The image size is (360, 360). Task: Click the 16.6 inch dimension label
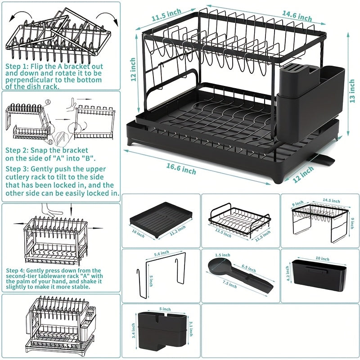click(181, 169)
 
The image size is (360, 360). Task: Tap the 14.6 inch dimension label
click(297, 16)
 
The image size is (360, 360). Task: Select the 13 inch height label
click(352, 91)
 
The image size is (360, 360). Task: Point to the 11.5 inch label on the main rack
click(166, 15)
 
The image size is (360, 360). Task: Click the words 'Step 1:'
click(17, 67)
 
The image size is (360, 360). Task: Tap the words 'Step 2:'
click(17, 150)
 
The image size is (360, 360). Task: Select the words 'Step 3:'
click(17, 169)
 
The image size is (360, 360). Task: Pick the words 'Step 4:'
click(15, 270)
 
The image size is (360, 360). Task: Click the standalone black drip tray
click(161, 220)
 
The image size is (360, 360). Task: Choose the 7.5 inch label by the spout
click(229, 284)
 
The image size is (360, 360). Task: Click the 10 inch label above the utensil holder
click(322, 258)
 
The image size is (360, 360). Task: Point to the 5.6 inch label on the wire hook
click(162, 253)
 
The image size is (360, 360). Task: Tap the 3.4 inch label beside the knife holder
click(133, 331)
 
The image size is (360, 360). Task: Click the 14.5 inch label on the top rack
click(331, 200)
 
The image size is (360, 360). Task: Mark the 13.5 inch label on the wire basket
click(223, 233)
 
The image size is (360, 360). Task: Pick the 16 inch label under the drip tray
click(138, 234)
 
